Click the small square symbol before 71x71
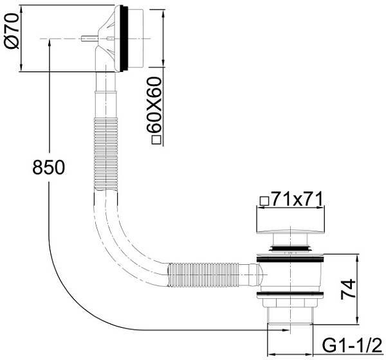point(263,201)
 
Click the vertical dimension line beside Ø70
point(23,39)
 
